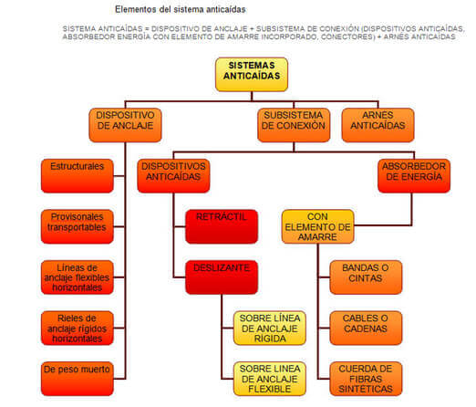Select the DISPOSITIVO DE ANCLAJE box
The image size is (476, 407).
[x=126, y=125]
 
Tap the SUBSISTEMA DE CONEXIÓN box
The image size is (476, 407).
[x=293, y=125]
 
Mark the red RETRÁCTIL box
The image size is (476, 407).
[x=221, y=225]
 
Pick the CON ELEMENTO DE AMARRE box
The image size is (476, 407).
[x=317, y=225]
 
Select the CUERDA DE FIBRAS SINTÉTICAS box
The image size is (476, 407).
[x=365, y=378]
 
